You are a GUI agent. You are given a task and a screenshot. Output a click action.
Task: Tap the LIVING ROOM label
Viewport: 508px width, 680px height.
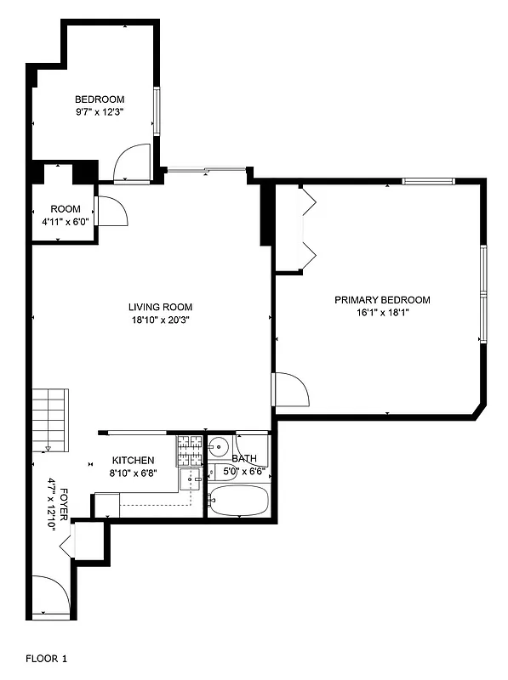click(160, 308)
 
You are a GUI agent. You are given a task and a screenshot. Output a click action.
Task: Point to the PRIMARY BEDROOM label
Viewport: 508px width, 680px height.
click(382, 300)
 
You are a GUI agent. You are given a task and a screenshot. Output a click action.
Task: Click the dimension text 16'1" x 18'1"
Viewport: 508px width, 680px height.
click(382, 313)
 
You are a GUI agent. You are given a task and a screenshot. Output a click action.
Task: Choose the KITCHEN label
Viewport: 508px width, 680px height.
click(134, 461)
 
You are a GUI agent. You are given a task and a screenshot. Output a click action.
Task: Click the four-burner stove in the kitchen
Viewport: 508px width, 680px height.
click(190, 450)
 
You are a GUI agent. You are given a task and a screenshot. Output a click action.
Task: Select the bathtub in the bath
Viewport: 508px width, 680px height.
click(239, 501)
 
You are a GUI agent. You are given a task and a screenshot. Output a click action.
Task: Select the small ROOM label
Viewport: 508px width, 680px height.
click(66, 209)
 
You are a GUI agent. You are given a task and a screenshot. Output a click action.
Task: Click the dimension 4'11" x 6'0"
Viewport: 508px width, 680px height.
click(66, 222)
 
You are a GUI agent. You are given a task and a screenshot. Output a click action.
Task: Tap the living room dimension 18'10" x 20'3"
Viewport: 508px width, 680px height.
click(160, 320)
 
